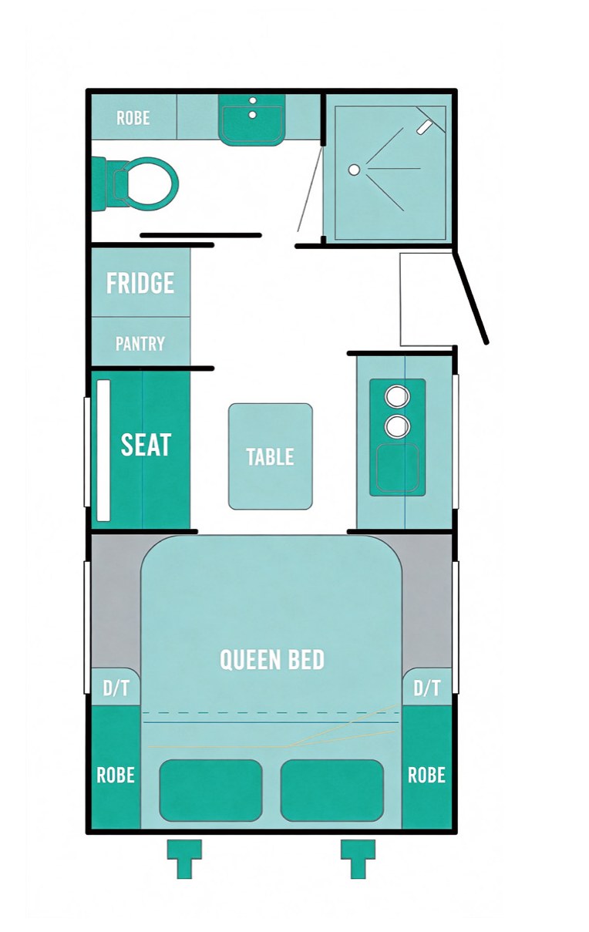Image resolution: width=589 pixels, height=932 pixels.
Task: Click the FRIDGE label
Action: (x=140, y=283)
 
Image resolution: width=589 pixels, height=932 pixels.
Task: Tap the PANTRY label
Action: (x=140, y=344)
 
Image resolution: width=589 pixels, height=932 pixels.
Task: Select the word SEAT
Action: (x=146, y=444)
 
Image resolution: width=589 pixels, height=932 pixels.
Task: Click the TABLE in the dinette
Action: (x=271, y=456)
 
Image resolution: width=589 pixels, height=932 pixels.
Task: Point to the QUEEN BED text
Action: (x=272, y=659)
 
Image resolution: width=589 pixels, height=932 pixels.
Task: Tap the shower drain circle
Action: (x=354, y=170)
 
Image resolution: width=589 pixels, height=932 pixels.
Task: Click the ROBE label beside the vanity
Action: (x=133, y=118)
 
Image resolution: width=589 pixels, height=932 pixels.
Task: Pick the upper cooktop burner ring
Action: (x=397, y=396)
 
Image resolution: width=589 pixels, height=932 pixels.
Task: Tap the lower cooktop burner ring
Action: (x=397, y=426)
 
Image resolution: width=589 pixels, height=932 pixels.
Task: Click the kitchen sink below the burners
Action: (x=397, y=468)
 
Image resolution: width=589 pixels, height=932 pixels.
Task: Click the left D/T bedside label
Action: (x=116, y=688)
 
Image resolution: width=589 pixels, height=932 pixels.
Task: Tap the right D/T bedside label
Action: (x=427, y=688)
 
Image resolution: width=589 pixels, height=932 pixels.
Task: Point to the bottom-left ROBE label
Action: (x=116, y=776)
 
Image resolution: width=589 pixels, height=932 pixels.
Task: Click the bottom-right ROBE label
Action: (x=427, y=776)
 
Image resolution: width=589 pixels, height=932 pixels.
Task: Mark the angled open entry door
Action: (x=471, y=297)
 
